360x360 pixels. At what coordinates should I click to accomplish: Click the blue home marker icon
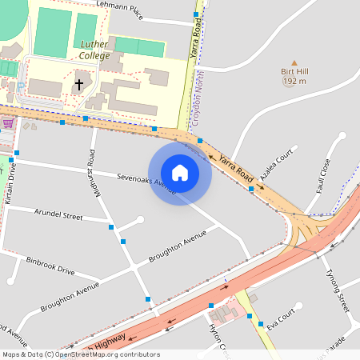click(x=180, y=172)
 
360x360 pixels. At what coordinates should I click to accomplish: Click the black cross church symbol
click(x=79, y=83)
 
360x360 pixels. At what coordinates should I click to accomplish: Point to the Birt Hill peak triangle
click(x=294, y=62)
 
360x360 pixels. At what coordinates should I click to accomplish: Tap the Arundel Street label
click(x=58, y=215)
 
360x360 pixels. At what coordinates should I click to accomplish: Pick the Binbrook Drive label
click(x=50, y=264)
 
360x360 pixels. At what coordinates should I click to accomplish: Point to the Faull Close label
click(x=323, y=176)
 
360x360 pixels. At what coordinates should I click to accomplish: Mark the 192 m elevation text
click(x=294, y=82)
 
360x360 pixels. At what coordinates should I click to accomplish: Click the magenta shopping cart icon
click(x=8, y=123)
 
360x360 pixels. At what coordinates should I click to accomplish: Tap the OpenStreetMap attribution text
click(x=81, y=354)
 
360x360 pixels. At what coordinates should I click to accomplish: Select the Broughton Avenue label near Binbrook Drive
click(x=70, y=291)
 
